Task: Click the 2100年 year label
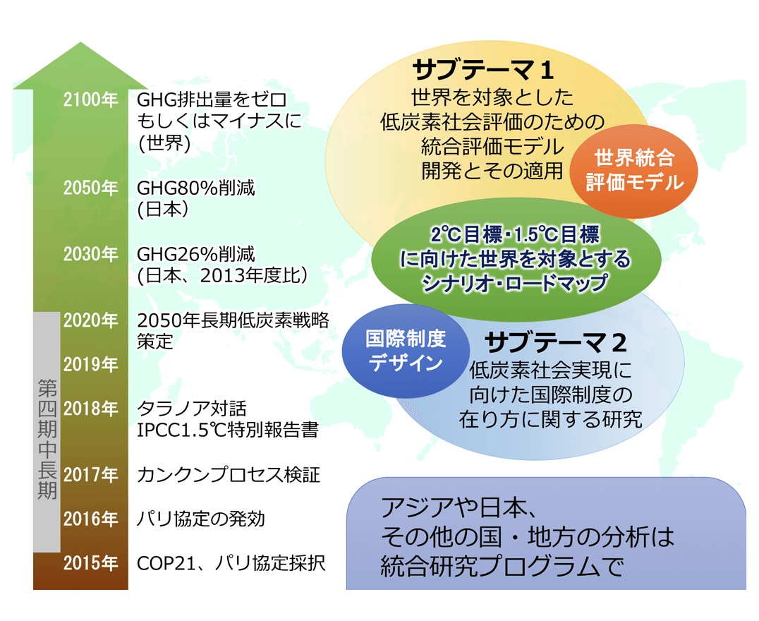(x=91, y=100)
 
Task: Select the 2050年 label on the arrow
(x=91, y=188)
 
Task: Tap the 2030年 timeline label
(x=91, y=254)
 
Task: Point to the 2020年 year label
(x=91, y=320)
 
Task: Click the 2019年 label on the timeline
(x=91, y=365)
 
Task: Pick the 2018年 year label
(x=91, y=409)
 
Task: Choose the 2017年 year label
(x=91, y=475)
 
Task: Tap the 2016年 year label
(x=91, y=519)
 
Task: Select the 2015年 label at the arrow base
(x=91, y=563)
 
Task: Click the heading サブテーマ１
(x=483, y=71)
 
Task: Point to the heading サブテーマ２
(x=555, y=343)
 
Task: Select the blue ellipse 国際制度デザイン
(x=406, y=351)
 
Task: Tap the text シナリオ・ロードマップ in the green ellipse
(x=515, y=283)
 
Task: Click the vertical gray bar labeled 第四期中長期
(x=47, y=432)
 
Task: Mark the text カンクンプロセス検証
(x=229, y=475)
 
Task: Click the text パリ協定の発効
(x=201, y=519)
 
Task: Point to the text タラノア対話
(x=192, y=409)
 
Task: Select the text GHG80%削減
(x=196, y=188)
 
